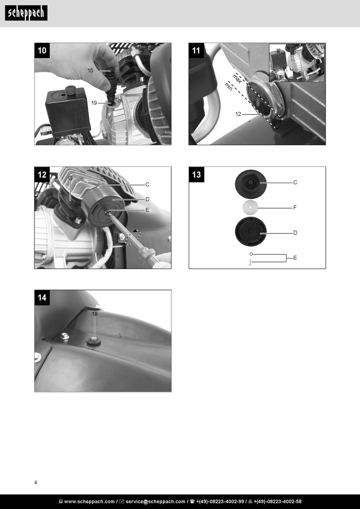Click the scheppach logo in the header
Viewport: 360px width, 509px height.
pos(26,13)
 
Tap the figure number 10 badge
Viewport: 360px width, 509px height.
pos(42,50)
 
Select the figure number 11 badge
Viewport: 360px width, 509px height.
pos(196,50)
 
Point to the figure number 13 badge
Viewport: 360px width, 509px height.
pos(196,174)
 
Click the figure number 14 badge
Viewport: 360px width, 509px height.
pos(42,298)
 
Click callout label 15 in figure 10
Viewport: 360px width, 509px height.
pos(90,70)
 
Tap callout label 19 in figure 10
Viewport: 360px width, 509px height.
pos(94,103)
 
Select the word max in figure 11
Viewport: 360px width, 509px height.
pos(237,78)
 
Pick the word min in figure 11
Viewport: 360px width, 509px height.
pos(229,86)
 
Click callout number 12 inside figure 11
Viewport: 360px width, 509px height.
pos(238,114)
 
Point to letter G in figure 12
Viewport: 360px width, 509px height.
pos(70,178)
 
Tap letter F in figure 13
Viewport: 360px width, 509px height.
pos(295,207)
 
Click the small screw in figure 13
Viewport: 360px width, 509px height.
pos(250,262)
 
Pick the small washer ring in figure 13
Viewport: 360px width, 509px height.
pos(251,254)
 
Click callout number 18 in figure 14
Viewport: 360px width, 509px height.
pos(94,313)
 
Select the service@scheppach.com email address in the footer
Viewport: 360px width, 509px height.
pos(155,501)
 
